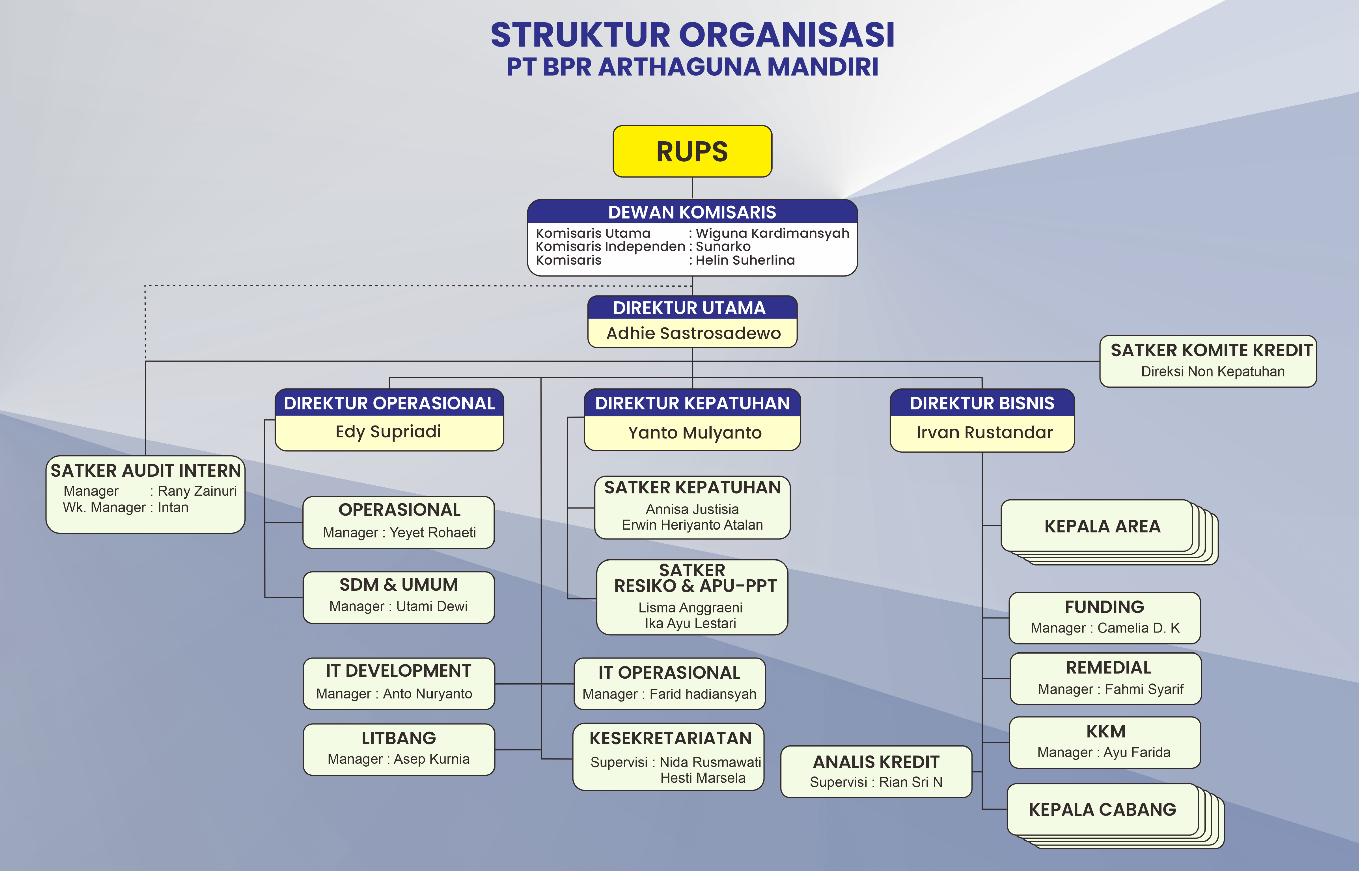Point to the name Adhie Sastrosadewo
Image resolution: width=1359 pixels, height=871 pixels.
click(693, 333)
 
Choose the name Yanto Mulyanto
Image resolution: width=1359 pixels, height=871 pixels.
click(694, 433)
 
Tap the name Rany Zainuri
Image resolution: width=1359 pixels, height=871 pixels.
click(197, 491)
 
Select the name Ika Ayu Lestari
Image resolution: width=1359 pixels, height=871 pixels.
click(691, 623)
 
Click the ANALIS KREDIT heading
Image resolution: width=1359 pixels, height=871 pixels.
click(876, 762)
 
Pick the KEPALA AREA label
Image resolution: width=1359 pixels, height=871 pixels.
click(1102, 526)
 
